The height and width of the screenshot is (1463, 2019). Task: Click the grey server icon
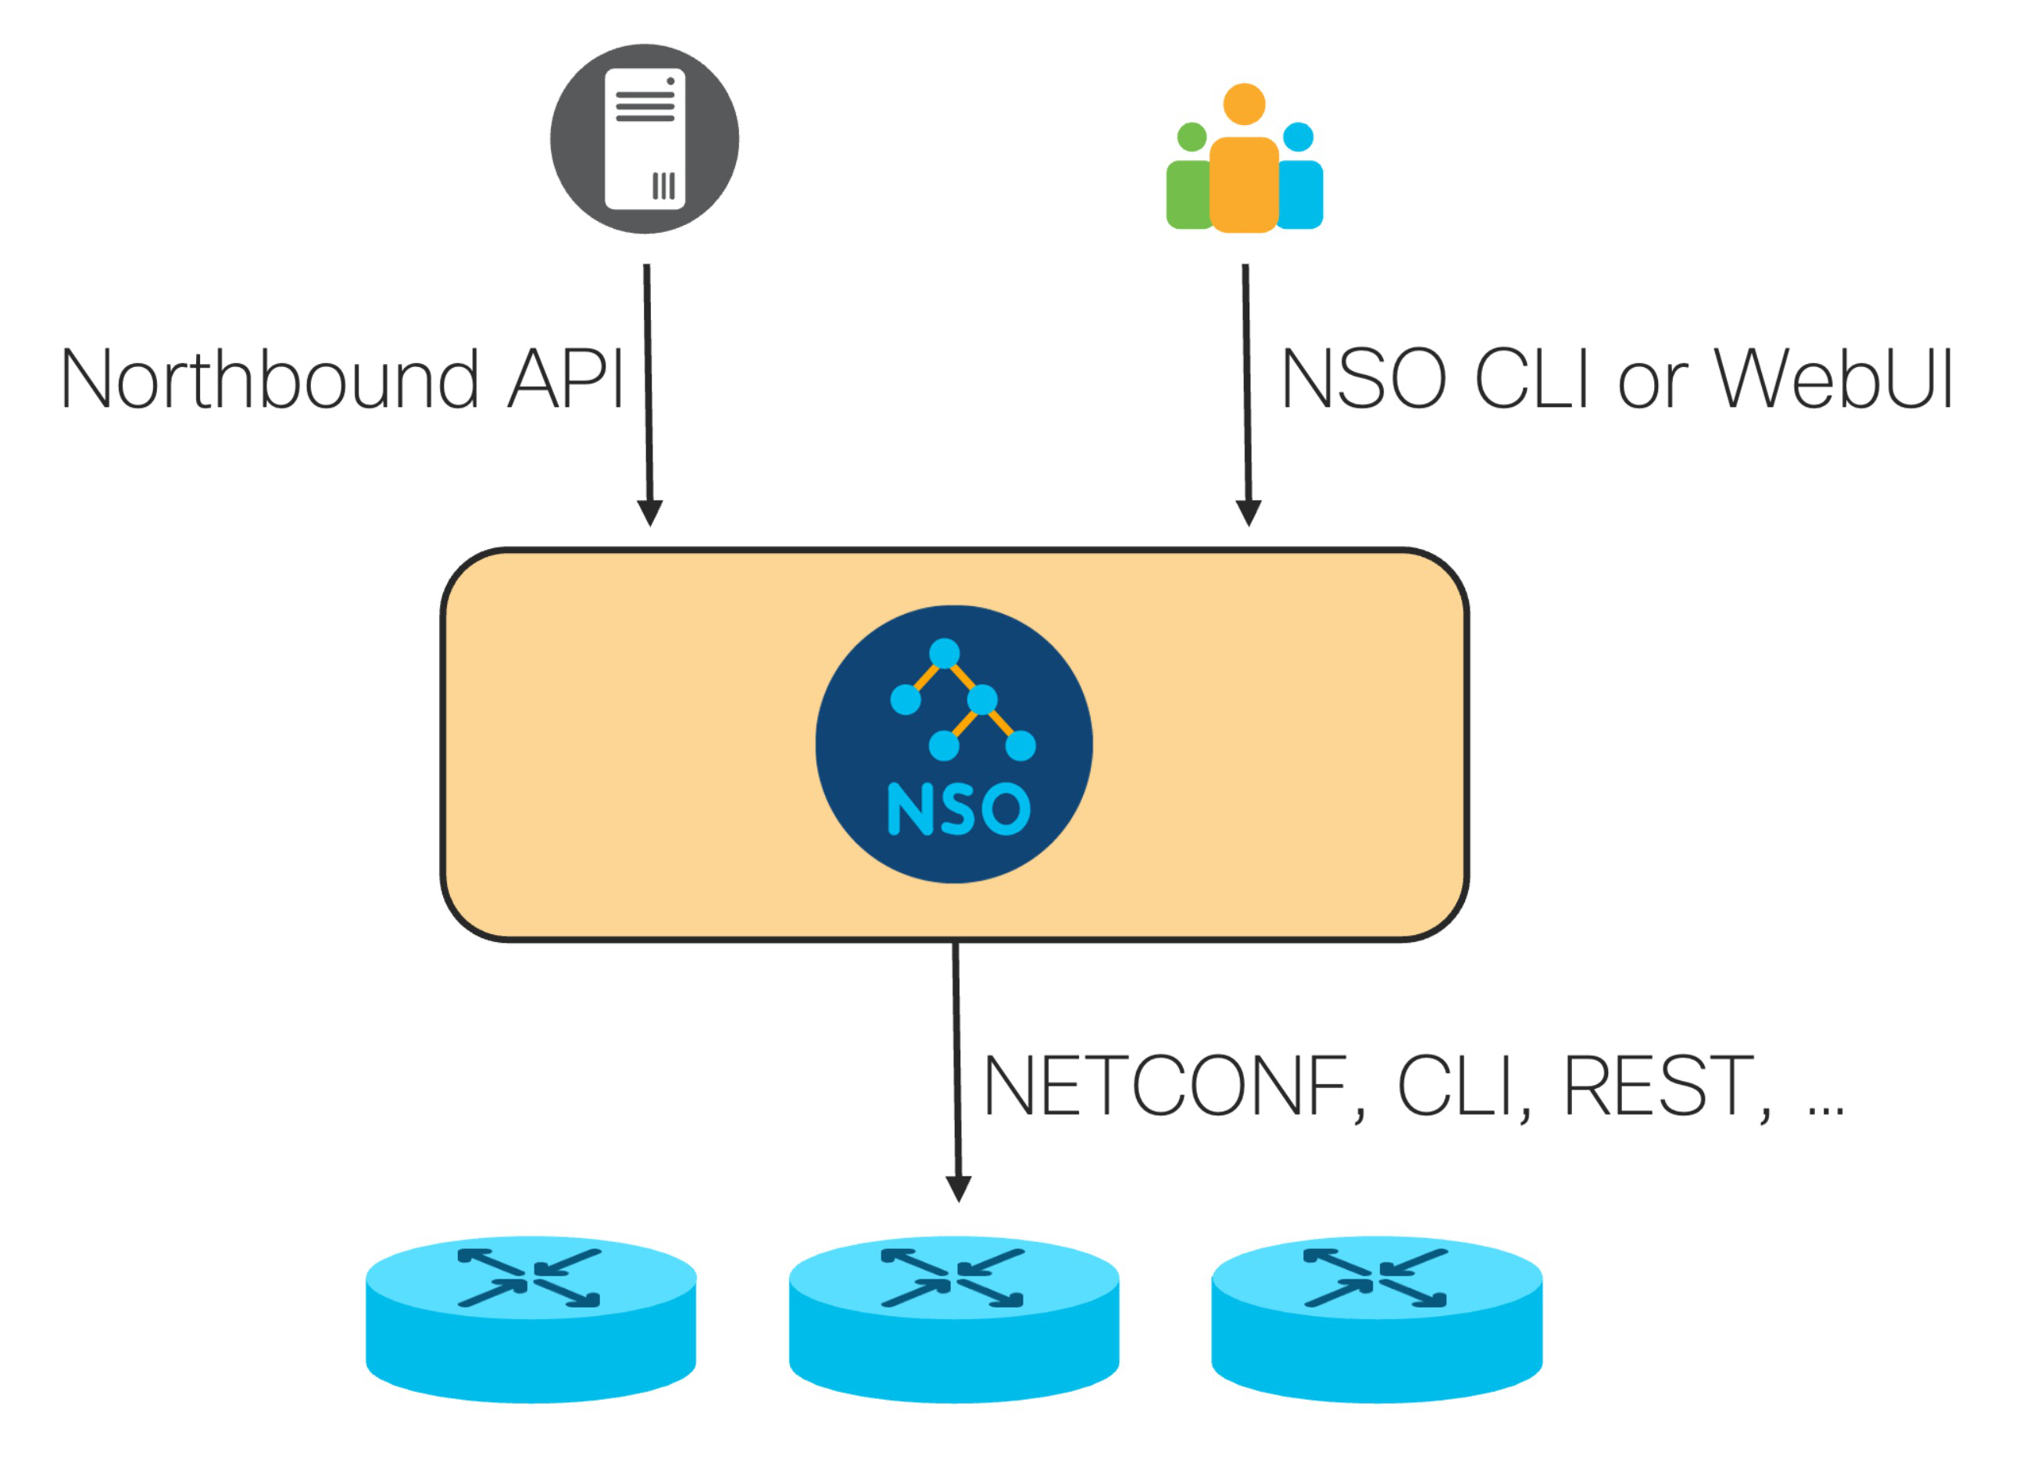point(645,139)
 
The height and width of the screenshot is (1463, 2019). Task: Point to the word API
point(564,380)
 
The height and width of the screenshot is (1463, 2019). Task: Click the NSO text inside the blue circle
point(959,809)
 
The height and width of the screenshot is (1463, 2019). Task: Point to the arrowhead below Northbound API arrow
point(650,512)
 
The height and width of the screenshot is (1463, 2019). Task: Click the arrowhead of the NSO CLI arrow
point(1248,512)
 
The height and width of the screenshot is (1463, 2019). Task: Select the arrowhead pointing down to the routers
point(958,1188)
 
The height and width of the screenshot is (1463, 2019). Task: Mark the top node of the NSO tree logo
point(945,653)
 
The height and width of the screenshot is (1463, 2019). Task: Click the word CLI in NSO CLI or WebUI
point(1531,380)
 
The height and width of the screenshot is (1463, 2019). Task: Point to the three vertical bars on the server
point(663,186)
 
